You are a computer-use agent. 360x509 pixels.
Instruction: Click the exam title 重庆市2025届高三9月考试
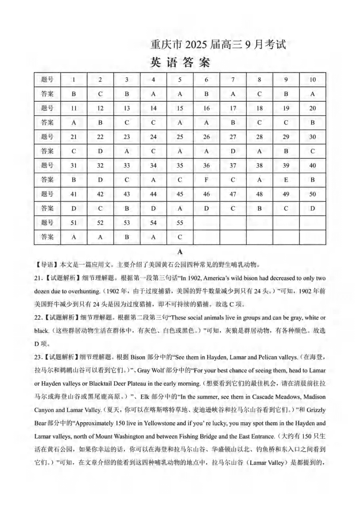pyautogui.click(x=219, y=45)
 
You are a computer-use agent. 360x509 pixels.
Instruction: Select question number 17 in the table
pyautogui.click(x=233, y=108)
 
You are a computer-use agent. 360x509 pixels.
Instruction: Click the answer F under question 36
pyautogui.click(x=206, y=180)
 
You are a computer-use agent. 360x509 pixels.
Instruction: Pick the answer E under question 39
pyautogui.click(x=286, y=180)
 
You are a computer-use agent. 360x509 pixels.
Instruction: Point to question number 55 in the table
pyautogui.click(x=180, y=223)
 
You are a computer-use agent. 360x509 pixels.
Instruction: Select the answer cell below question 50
pyautogui.click(x=312, y=208)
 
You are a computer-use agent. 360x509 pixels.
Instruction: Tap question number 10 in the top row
pyautogui.click(x=312, y=80)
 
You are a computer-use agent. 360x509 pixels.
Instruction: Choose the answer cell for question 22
pyautogui.click(x=100, y=151)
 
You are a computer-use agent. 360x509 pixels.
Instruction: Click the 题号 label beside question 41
pyautogui.click(x=47, y=194)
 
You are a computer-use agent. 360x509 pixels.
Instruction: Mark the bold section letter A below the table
pyautogui.click(x=180, y=252)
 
